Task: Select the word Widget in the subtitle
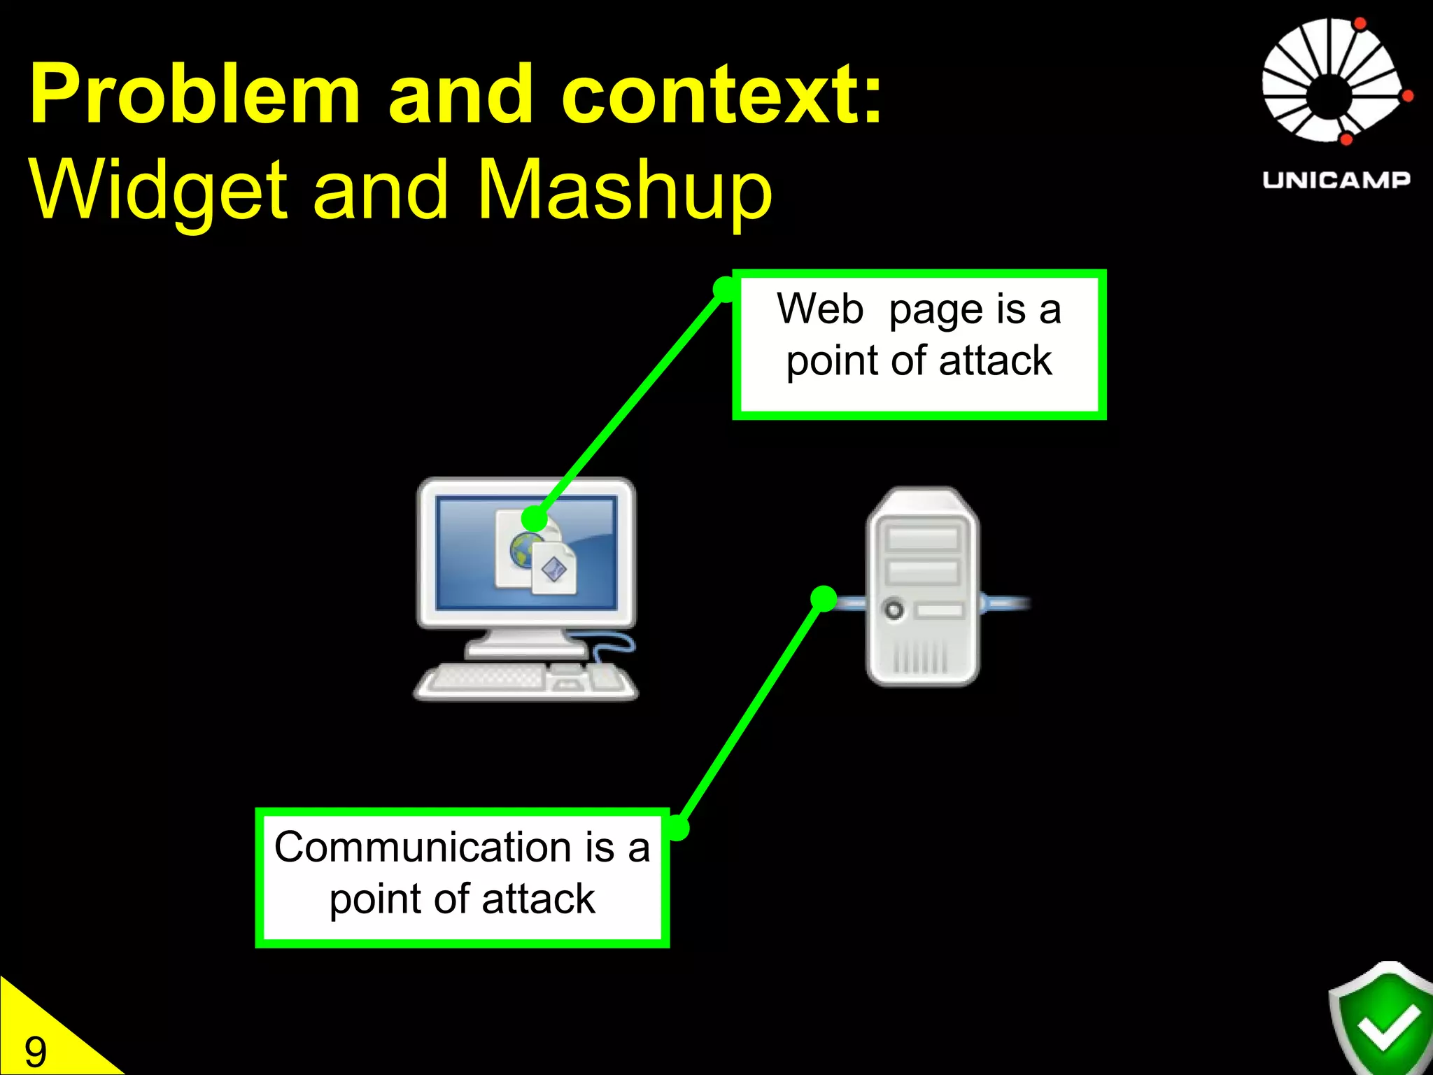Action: click(158, 189)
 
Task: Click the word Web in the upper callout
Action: click(820, 309)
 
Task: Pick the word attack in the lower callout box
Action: click(538, 899)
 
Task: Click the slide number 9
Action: click(35, 1052)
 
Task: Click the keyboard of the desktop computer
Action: click(490, 678)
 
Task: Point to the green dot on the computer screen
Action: click(535, 519)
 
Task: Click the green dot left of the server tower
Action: click(824, 598)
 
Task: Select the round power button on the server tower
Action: click(894, 609)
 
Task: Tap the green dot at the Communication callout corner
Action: click(677, 828)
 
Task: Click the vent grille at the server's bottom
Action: click(921, 658)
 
